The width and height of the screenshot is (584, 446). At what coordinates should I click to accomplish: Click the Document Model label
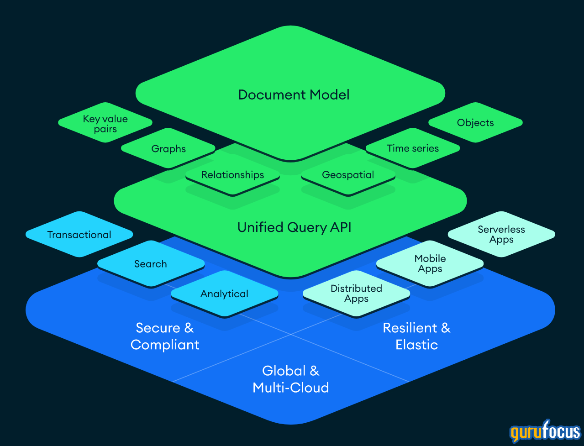[x=294, y=95]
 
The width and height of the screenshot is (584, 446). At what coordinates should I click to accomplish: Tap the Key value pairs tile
[x=105, y=124]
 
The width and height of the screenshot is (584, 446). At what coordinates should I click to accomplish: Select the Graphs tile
[x=168, y=149]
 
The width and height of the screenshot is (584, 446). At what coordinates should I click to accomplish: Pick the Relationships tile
[x=232, y=175]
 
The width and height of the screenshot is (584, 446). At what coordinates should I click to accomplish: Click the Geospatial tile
[x=348, y=175]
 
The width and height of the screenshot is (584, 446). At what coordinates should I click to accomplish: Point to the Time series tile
[x=413, y=148]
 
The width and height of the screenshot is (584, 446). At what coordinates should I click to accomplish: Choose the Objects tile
[x=475, y=123]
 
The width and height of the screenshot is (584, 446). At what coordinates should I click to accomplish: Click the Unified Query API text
[x=295, y=227]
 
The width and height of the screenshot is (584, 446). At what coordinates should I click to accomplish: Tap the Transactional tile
[x=79, y=235]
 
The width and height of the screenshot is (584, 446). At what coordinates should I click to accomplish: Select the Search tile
[x=151, y=264]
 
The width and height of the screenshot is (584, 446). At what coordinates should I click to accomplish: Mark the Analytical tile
[x=224, y=294]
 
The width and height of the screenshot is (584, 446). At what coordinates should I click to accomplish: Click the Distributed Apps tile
[x=356, y=294]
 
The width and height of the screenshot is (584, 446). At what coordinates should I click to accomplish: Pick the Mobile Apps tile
[x=430, y=263]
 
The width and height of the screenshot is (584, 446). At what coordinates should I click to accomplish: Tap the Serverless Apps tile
[x=501, y=234]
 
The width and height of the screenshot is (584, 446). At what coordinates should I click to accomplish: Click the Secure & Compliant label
[x=165, y=336]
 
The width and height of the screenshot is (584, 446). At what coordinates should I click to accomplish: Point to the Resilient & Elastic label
[x=416, y=336]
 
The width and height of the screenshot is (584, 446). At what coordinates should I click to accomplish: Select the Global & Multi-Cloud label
[x=291, y=379]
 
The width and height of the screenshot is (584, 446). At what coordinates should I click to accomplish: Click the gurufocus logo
[x=545, y=431]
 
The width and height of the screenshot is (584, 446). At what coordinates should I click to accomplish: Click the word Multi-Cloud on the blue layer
[x=291, y=388]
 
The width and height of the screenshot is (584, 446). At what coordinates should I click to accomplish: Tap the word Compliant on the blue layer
[x=165, y=345]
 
